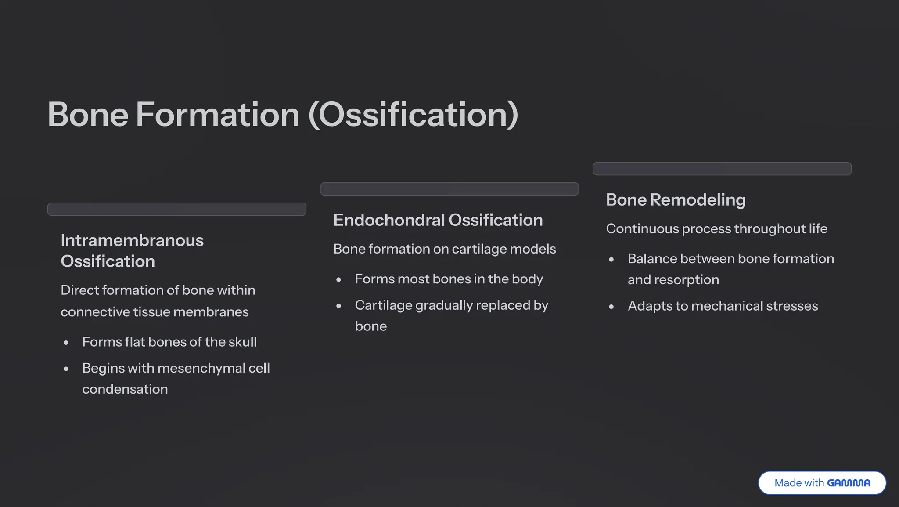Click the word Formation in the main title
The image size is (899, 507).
pos(217,115)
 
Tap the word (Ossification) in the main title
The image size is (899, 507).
pos(413,115)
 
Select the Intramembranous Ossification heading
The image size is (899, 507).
pos(132,251)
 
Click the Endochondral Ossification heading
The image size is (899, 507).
pos(438,220)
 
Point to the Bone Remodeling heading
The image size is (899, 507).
pos(676,200)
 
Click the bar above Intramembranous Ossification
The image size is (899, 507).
pos(176,209)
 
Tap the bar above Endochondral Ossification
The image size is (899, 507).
pos(449,189)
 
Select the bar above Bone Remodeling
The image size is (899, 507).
pos(722,169)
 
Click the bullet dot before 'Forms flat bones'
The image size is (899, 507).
pos(66,343)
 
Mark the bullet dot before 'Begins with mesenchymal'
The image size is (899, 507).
pos(66,369)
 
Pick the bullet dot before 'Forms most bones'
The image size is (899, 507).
pos(339,280)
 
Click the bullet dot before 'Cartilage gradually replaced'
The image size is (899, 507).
pos(339,306)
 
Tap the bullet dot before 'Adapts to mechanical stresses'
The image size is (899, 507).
pos(611,307)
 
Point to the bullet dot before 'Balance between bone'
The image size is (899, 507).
pos(611,260)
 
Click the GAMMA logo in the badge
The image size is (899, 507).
pos(849,483)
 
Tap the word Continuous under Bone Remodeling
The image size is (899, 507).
pos(642,229)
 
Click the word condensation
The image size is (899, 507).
pos(125,389)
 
